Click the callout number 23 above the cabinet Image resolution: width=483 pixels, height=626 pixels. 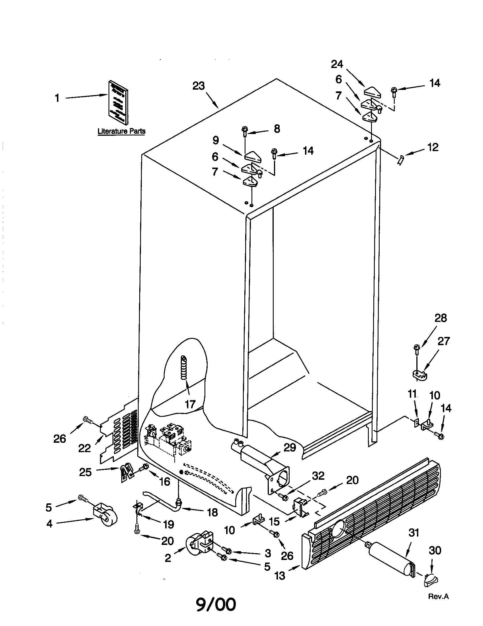pos(198,86)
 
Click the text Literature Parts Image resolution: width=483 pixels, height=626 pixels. pos(121,131)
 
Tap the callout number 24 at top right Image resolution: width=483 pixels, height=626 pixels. pos(337,64)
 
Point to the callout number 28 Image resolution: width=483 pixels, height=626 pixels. pos(441,318)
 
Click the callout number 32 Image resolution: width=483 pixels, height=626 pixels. pos(318,476)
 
